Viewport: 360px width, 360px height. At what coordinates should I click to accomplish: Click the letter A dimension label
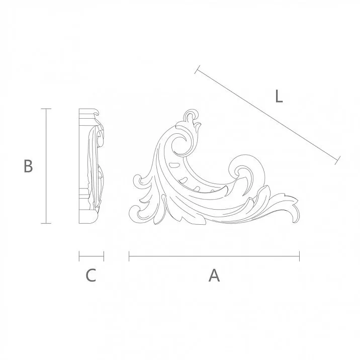pyautogui.click(x=214, y=276)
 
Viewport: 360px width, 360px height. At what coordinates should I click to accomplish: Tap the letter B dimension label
pyautogui.click(x=28, y=166)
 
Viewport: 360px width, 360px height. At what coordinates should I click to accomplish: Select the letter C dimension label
pyautogui.click(x=91, y=276)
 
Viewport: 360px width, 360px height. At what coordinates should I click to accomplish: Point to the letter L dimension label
pyautogui.click(x=279, y=96)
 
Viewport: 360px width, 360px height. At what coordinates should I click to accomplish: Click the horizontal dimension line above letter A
pyautogui.click(x=214, y=256)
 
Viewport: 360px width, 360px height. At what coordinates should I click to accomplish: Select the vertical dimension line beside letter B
pyautogui.click(x=46, y=166)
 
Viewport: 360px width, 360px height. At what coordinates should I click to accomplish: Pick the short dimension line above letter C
pyautogui.click(x=91, y=256)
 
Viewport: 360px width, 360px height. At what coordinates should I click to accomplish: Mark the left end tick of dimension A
pyautogui.click(x=129, y=256)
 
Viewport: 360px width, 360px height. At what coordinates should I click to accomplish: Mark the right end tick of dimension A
pyautogui.click(x=299, y=256)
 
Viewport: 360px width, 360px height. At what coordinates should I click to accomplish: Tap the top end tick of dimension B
pyautogui.click(x=46, y=109)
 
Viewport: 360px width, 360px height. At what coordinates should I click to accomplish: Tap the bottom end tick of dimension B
pyautogui.click(x=46, y=223)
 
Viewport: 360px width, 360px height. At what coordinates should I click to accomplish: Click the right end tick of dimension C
pyautogui.click(x=104, y=256)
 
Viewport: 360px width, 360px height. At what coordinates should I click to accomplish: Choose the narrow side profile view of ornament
pyautogui.click(x=91, y=166)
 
